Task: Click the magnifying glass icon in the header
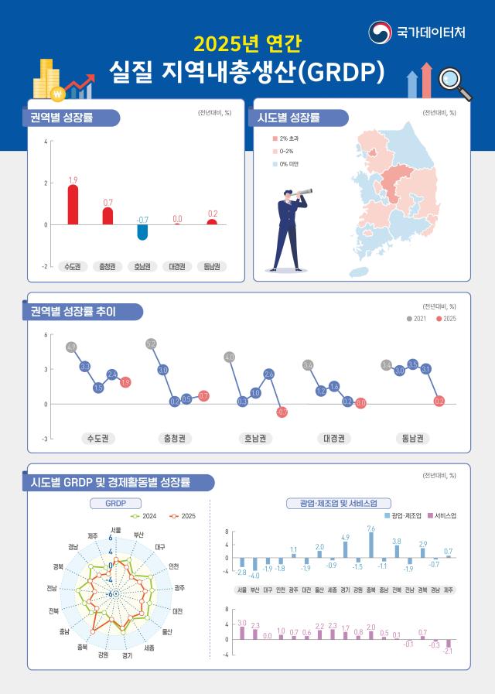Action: point(453,83)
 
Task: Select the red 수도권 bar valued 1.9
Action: point(73,204)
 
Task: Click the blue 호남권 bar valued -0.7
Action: point(143,232)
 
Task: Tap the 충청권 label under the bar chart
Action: point(108,266)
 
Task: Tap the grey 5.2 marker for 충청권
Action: point(152,344)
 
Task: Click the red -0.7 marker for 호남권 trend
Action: point(282,412)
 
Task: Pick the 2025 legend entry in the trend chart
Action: point(446,319)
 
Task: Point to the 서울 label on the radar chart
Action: point(115,530)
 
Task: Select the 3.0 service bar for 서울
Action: point(242,632)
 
